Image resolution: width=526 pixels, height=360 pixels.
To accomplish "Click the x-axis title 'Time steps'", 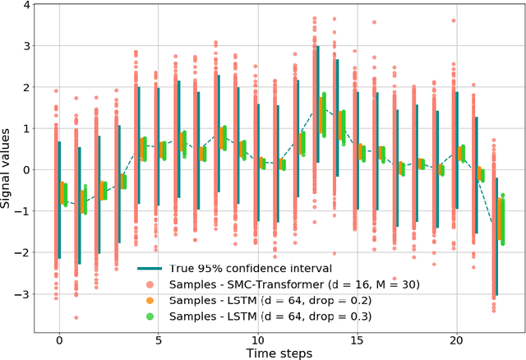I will [279, 352].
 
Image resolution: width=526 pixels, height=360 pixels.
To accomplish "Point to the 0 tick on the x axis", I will [59, 339].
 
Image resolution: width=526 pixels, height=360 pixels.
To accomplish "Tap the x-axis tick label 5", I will [158, 339].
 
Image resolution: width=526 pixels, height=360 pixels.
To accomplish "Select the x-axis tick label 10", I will [257, 339].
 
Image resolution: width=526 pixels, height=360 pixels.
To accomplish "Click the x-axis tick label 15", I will [357, 339].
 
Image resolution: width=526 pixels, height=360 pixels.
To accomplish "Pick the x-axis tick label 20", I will [456, 339].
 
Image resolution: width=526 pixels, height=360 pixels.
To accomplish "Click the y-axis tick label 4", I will [27, 5].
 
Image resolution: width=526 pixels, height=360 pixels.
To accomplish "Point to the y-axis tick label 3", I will [27, 46].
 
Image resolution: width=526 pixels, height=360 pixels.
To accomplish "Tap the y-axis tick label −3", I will [25, 294].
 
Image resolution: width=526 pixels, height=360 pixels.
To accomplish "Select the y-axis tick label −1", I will [25, 211].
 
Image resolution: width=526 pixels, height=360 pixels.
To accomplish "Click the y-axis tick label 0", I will [27, 170].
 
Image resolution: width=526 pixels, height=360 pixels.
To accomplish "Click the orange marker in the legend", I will [150, 300].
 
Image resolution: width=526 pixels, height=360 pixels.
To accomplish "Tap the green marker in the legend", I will [150, 316].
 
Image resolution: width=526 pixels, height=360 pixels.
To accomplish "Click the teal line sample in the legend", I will [150, 268].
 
